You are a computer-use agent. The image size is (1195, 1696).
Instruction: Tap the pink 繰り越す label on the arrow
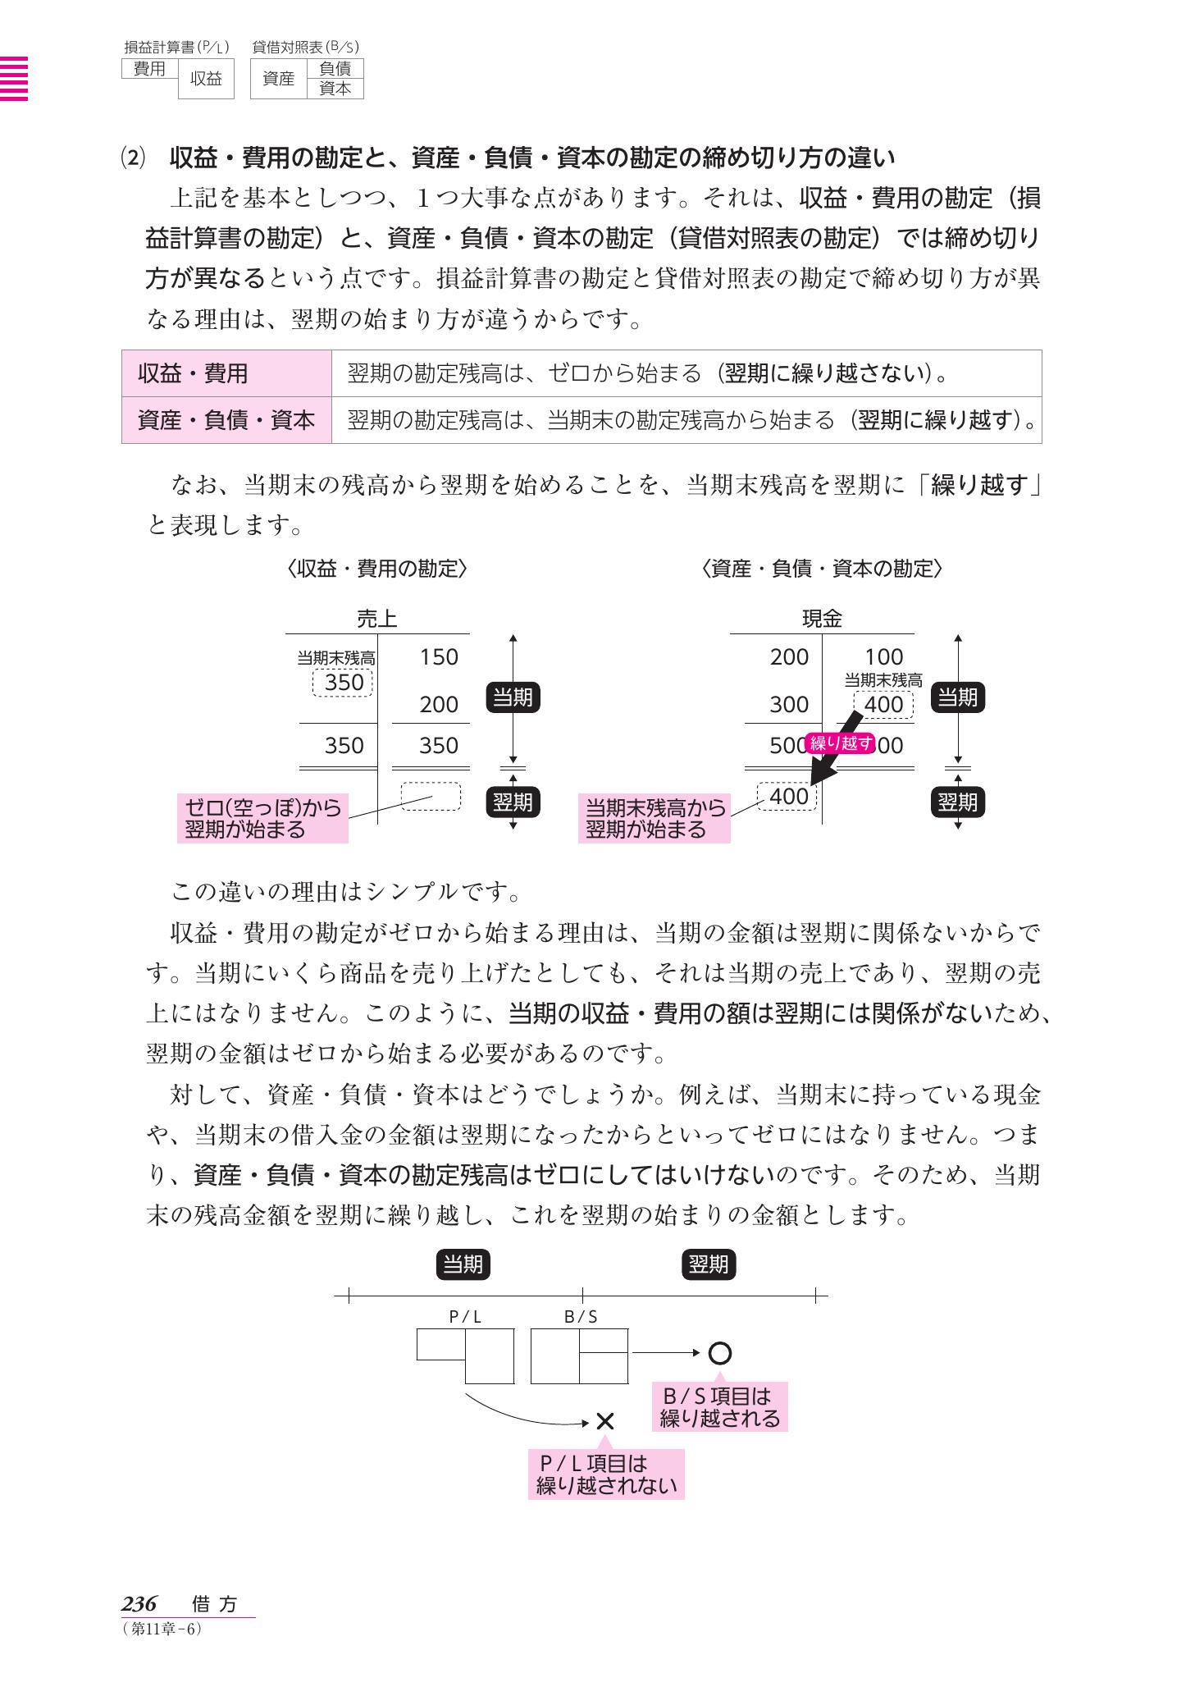pos(840,744)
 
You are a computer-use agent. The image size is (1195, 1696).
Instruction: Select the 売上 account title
pos(377,619)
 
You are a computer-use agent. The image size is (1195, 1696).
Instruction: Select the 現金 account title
pos(822,619)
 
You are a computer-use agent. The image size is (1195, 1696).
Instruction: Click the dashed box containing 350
pos(343,683)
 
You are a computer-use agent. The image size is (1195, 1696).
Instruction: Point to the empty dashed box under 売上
pos(431,796)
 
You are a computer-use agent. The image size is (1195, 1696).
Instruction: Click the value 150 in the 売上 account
pos(438,657)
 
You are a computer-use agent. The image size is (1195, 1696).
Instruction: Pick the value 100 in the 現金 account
pos(883,657)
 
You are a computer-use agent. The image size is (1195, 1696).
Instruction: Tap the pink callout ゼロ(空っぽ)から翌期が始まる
pos(262,818)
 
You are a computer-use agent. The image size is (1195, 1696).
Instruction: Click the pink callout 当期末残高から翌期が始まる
pos(654,818)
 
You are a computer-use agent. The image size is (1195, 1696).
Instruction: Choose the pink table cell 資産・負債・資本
pos(226,421)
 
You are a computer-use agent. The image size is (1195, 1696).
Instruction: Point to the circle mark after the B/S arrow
pos(719,1352)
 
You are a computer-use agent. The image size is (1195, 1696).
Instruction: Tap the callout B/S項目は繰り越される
pos(719,1406)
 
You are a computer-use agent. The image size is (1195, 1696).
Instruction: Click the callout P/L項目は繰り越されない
pos(605,1474)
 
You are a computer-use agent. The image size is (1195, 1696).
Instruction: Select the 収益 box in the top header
pos(206,80)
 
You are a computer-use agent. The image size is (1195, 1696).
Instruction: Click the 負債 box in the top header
pos(335,69)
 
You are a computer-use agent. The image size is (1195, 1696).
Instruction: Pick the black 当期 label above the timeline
pos(463,1264)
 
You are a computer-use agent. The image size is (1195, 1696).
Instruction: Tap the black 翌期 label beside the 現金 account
pos(957,802)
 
